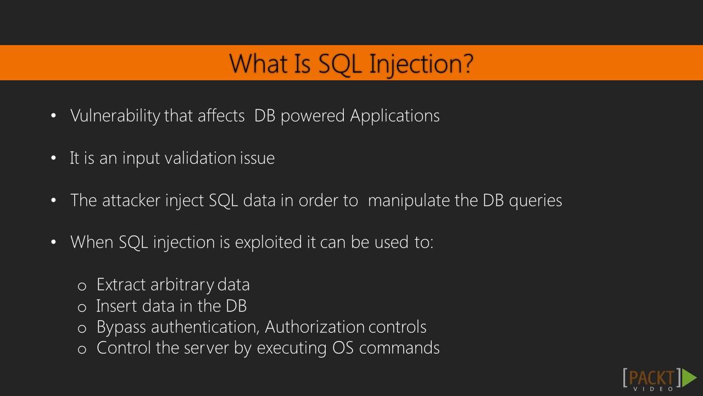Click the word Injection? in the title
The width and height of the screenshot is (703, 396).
click(421, 64)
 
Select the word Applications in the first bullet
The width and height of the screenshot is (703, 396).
click(394, 116)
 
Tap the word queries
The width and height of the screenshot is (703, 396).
click(535, 200)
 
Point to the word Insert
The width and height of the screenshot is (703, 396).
click(114, 306)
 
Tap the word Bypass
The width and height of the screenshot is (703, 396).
click(121, 327)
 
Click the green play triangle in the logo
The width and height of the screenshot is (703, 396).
click(689, 378)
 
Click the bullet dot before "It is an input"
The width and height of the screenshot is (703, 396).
click(53, 158)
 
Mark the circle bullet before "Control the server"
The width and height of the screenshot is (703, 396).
click(82, 349)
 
